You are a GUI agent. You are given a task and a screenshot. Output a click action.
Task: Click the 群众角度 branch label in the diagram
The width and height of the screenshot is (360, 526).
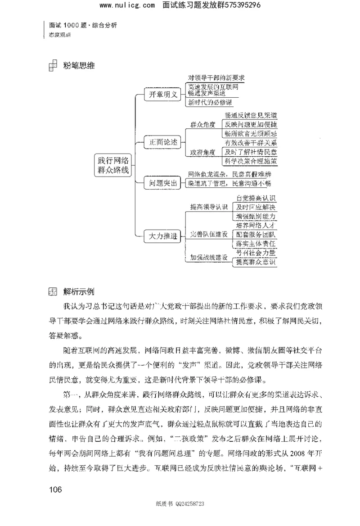202,124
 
